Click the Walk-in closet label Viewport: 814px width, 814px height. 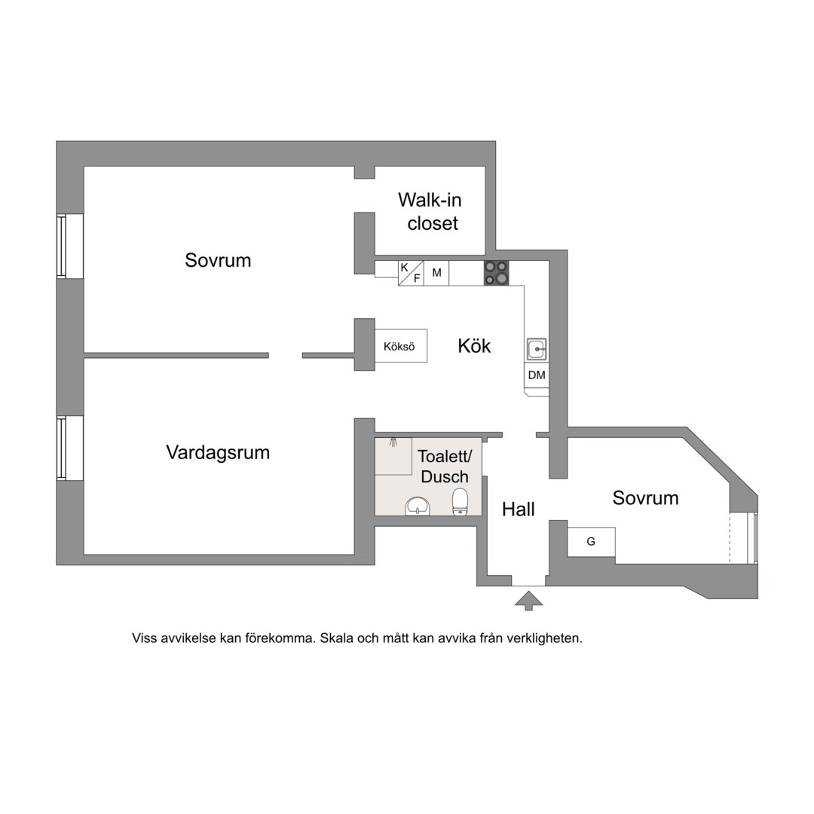pos(430,212)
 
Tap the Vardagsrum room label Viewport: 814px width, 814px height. pos(218,453)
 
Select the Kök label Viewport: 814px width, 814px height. pos(474,346)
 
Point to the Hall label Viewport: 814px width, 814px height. pos(519,510)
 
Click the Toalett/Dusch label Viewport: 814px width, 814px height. pos(445,467)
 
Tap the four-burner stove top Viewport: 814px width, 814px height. pos(496,273)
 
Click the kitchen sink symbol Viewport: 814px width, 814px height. pos(537,349)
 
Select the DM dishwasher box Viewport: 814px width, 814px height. pos(537,375)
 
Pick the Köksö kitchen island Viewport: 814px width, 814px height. pos(400,347)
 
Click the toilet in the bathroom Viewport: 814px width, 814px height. pos(460,501)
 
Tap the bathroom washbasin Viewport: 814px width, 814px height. pos(418,505)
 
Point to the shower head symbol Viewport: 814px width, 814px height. pos(393,442)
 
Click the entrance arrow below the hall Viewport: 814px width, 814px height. pos(528,599)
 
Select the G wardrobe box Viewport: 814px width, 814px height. pos(591,542)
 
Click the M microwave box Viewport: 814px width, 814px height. pos(436,273)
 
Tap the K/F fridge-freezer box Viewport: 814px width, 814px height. pos(411,273)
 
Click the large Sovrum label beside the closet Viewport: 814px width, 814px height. pos(218,261)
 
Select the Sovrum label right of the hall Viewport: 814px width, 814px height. pos(645,498)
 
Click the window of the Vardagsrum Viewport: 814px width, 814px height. pos(62,448)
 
